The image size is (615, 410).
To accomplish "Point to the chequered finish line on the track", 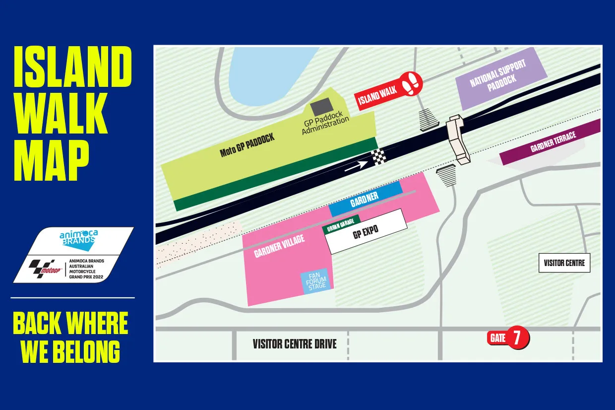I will [379, 157].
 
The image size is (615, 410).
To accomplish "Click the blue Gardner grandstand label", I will [365, 199].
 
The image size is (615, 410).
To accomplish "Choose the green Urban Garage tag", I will [341, 225].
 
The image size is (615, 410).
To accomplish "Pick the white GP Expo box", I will [367, 234].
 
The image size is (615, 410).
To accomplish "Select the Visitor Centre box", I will [564, 263].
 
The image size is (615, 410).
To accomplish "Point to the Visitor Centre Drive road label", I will [295, 343].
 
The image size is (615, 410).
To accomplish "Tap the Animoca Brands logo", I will [77, 240].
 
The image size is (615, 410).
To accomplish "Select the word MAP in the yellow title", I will [52, 156].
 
